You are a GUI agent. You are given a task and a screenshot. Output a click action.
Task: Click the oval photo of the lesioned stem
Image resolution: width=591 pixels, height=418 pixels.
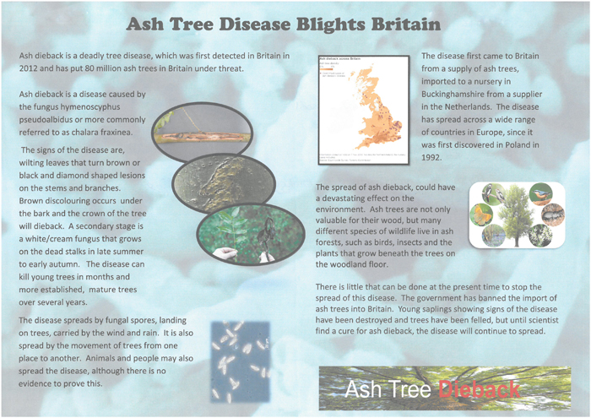(x=203, y=129)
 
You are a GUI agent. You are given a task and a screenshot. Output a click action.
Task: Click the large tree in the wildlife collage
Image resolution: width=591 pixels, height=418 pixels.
(x=516, y=214)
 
